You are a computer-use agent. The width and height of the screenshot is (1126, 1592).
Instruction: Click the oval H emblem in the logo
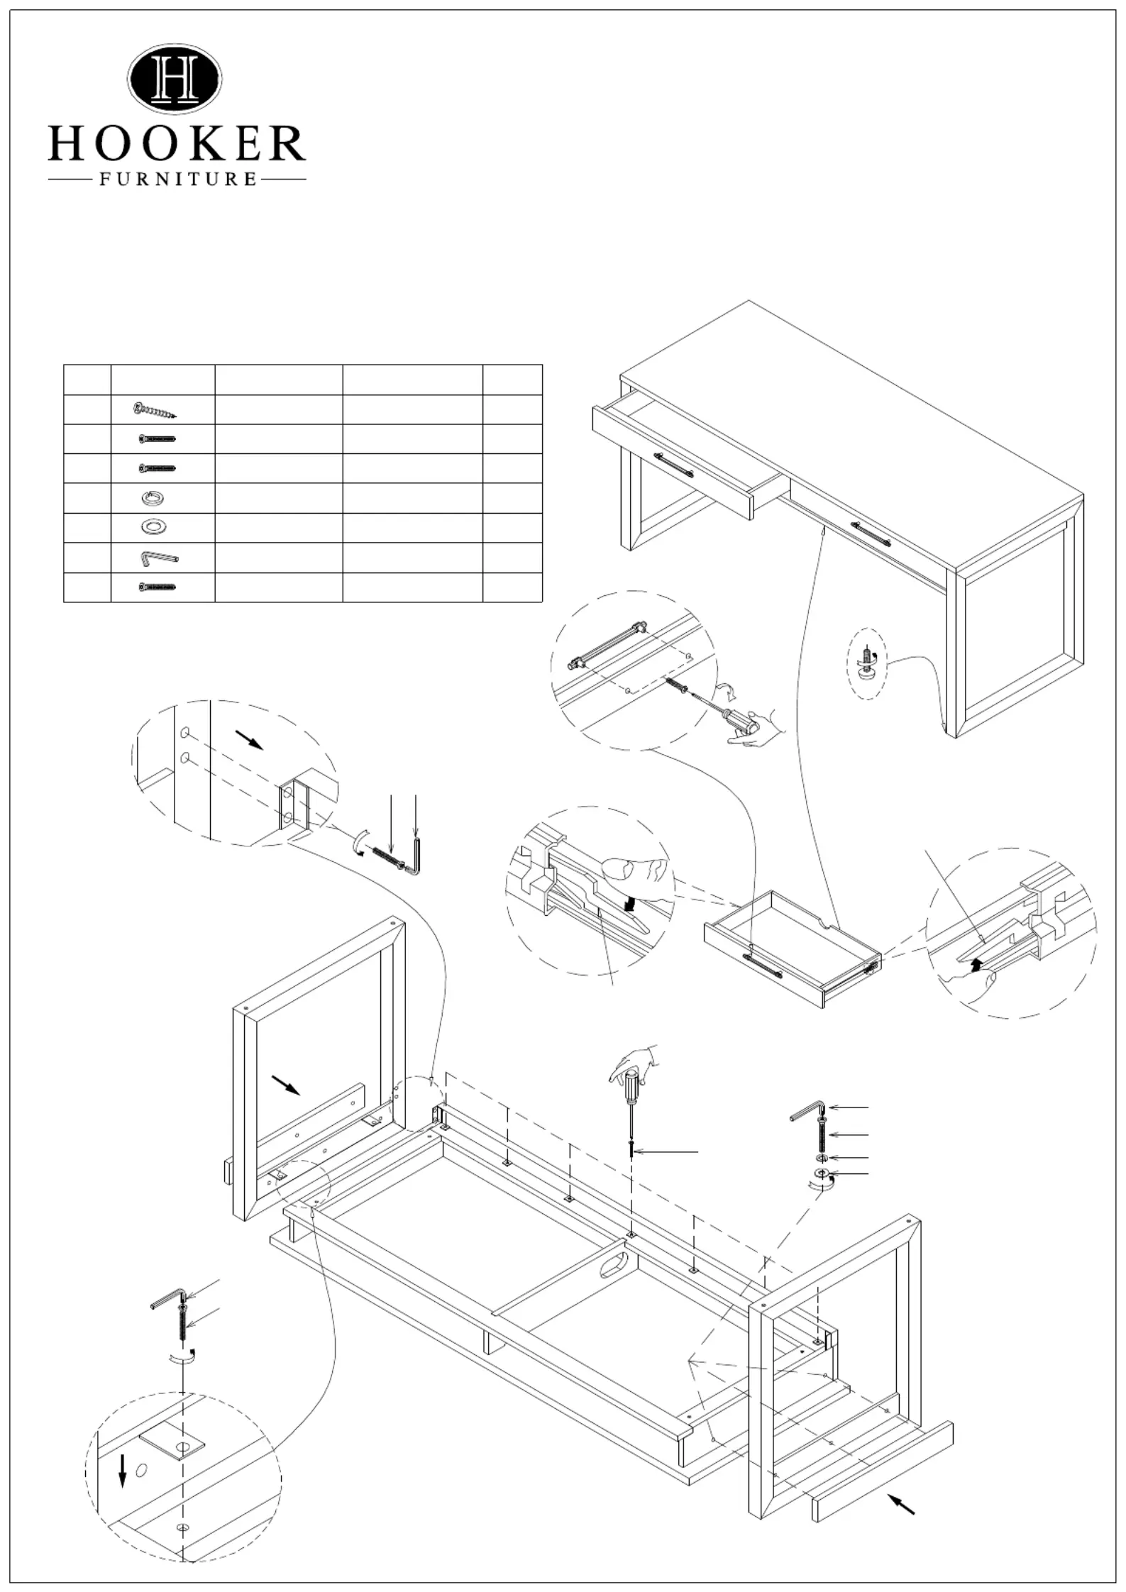pyautogui.click(x=175, y=79)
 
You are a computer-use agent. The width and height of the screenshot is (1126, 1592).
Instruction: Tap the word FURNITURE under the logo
pyautogui.click(x=177, y=179)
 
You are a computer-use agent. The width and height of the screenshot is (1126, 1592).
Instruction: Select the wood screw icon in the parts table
pyautogui.click(x=155, y=410)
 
